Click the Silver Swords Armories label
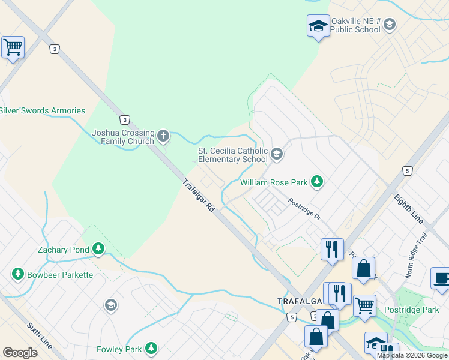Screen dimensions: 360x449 (x=42, y=110)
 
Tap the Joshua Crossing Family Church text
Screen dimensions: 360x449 (x=123, y=137)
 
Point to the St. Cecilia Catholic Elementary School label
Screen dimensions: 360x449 (x=233, y=155)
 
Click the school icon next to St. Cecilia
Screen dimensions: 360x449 (x=277, y=154)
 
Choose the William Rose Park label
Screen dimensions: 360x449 (x=274, y=182)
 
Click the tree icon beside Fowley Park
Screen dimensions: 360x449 (x=151, y=348)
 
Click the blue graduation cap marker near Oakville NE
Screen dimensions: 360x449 (x=318, y=26)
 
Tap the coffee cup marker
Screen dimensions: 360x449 (x=441, y=278)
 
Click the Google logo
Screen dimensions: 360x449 (x=20, y=353)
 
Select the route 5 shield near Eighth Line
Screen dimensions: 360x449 (x=408, y=171)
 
